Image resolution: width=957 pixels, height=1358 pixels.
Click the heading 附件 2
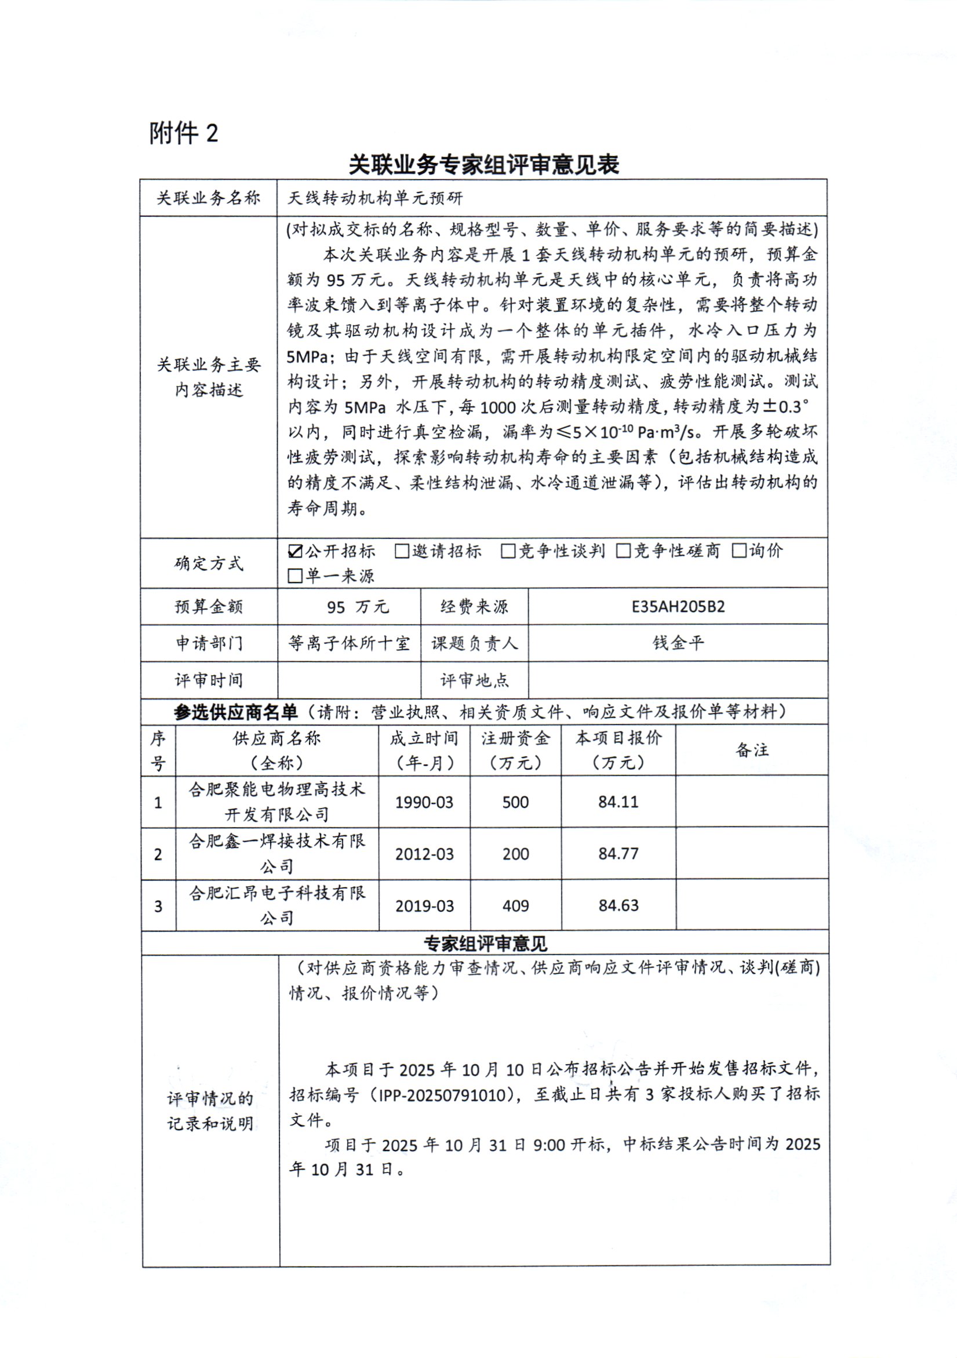[183, 133]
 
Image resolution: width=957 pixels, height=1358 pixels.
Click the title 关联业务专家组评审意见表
[483, 165]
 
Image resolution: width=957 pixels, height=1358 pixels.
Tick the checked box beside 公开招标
[294, 552]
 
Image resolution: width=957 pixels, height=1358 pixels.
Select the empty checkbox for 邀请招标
[402, 551]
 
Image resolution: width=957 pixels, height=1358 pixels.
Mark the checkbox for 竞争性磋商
[623, 551]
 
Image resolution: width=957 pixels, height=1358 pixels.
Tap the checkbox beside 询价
[738, 551]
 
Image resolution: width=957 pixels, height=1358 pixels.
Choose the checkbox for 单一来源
[294, 576]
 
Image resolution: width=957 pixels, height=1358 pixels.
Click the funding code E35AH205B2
[678, 607]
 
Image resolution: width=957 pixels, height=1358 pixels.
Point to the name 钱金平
[678, 643]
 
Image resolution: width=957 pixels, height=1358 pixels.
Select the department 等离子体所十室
[349, 643]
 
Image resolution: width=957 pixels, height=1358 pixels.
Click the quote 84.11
[618, 802]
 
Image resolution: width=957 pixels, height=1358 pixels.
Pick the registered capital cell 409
[515, 905]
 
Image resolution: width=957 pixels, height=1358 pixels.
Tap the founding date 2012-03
[424, 854]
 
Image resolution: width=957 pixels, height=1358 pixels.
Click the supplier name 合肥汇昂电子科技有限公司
[277, 905]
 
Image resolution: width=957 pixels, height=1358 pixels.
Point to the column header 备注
[752, 750]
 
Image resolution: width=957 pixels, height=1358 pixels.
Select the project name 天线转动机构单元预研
[375, 198]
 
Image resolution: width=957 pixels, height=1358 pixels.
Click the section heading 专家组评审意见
[485, 944]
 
